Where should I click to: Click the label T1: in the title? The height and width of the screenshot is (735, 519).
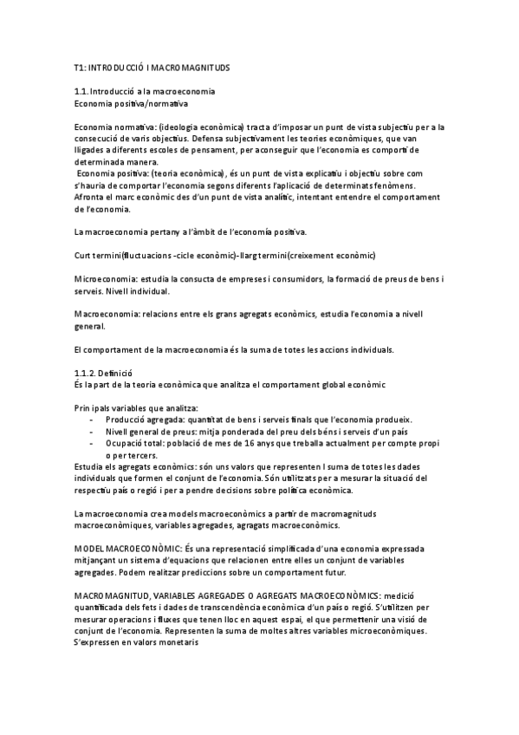click(81, 67)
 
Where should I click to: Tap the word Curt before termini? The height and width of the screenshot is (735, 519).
click(83, 255)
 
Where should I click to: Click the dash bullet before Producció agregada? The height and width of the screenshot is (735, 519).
click(92, 420)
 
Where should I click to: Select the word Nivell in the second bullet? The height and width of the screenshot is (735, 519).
click(118, 432)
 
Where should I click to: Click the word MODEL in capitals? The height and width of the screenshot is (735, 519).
click(91, 550)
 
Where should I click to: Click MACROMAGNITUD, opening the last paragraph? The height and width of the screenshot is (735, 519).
click(115, 597)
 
